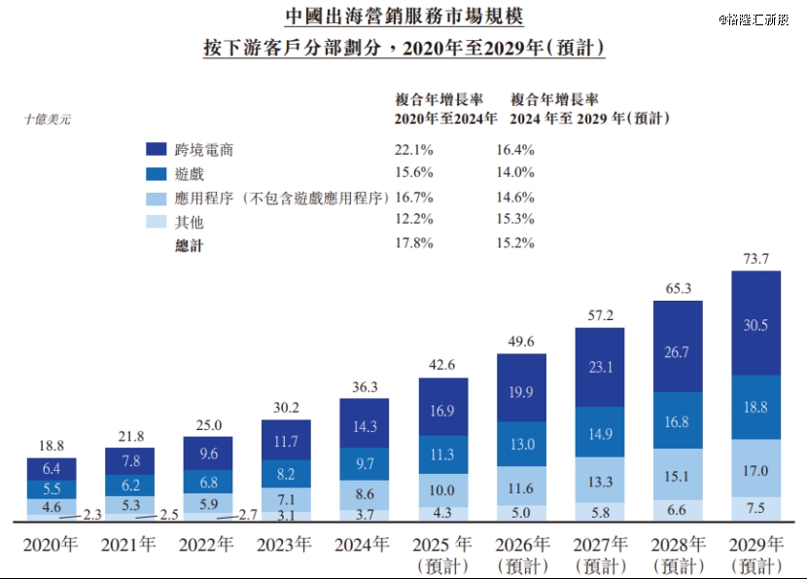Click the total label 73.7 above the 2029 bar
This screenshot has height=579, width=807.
[755, 259]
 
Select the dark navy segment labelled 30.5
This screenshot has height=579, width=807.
[755, 326]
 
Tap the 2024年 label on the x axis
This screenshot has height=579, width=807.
[364, 544]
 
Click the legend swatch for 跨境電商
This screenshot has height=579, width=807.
[158, 150]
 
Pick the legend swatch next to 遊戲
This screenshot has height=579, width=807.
[158, 173]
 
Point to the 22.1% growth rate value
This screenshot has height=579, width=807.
[413, 150]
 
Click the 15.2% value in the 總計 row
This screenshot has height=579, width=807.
[515, 243]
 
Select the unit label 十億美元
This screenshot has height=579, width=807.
[47, 120]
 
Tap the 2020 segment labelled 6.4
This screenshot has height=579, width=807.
[52, 470]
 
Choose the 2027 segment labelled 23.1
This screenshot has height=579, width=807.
[599, 368]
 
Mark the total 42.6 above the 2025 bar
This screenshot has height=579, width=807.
[442, 366]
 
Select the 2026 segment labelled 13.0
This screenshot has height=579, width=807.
[521, 444]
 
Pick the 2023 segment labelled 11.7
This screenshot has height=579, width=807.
[286, 442]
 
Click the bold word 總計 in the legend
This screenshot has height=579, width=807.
[189, 245]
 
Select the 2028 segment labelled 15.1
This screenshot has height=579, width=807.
[678, 476]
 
